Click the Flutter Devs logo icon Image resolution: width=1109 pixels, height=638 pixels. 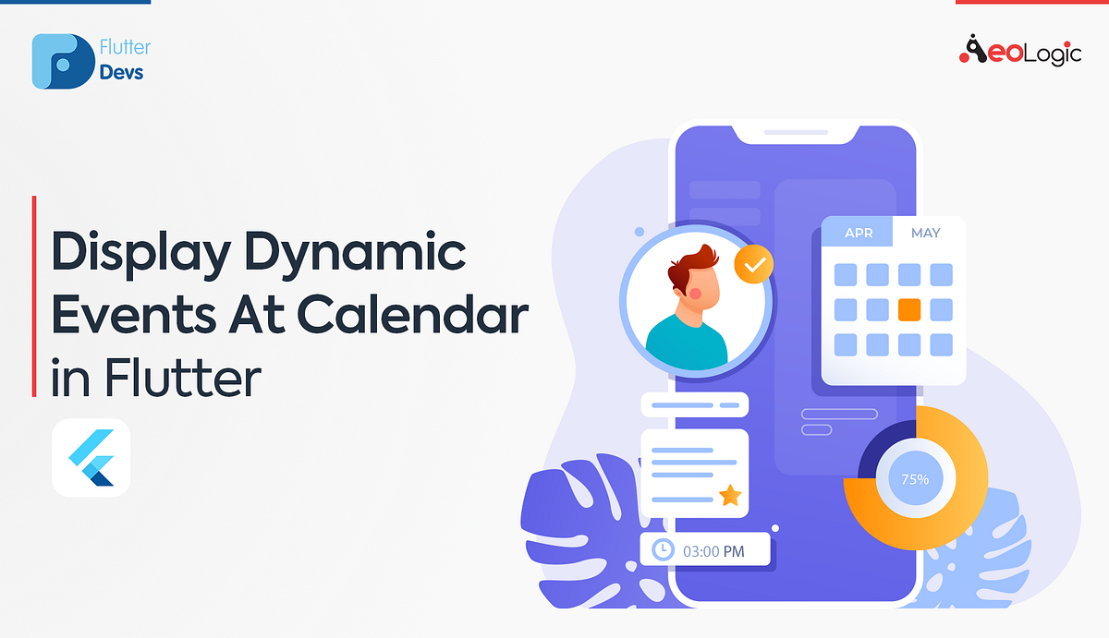click(x=63, y=62)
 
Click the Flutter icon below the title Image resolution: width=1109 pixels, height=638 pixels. click(x=91, y=458)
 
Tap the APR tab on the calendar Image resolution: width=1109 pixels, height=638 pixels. click(x=858, y=234)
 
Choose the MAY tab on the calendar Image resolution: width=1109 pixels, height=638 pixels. click(x=925, y=234)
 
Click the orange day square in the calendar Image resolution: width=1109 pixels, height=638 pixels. click(x=909, y=309)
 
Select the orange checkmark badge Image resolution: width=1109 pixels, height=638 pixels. click(x=754, y=266)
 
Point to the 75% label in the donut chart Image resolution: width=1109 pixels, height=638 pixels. click(x=914, y=479)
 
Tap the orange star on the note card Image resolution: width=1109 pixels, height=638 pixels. click(x=730, y=496)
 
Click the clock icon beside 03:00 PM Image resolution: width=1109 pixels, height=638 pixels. click(x=662, y=550)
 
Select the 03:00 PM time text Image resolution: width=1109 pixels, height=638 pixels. click(x=713, y=551)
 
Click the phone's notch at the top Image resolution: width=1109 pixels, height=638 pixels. click(x=796, y=135)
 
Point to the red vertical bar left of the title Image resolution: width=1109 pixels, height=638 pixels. click(x=34, y=295)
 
